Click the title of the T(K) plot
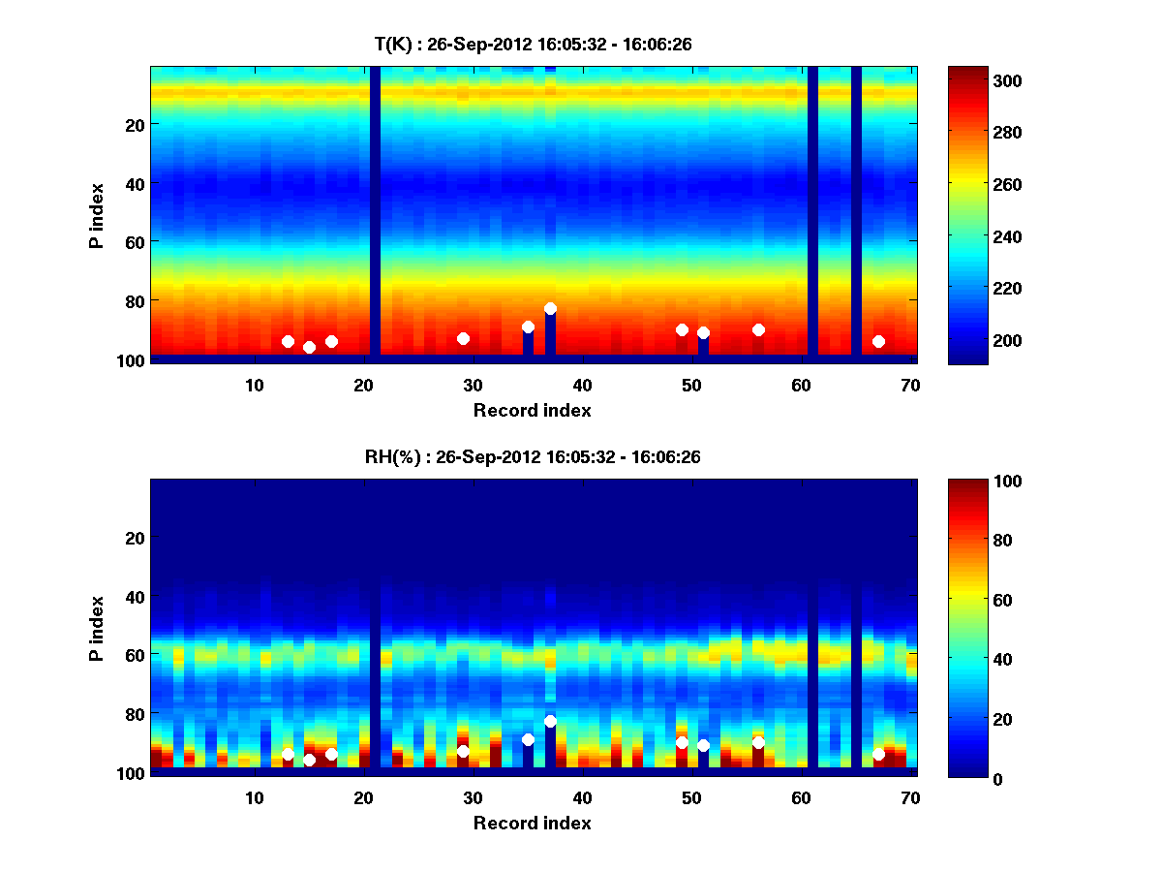[x=533, y=44]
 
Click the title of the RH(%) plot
[x=533, y=457]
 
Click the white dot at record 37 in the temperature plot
[x=550, y=308]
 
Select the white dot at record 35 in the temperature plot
[x=528, y=327]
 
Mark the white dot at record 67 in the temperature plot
[x=878, y=341]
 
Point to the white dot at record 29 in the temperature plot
[x=463, y=338]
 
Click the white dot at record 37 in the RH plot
[x=550, y=721]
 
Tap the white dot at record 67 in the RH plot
[x=878, y=754]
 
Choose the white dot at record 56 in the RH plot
[x=758, y=742]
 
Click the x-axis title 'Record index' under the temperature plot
[x=533, y=410]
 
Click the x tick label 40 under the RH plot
[x=582, y=797]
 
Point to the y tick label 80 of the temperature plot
[x=134, y=300]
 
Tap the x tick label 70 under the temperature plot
[x=910, y=385]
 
